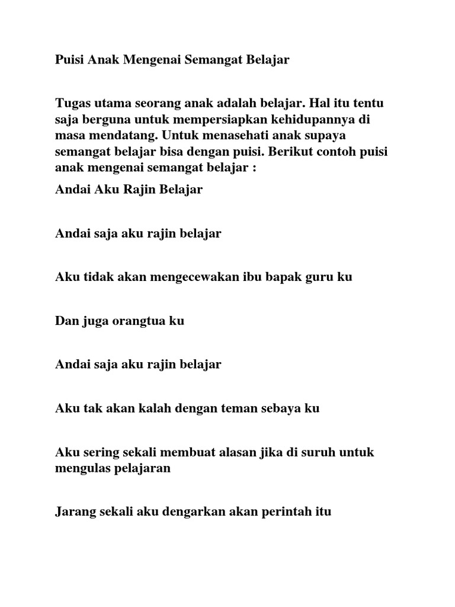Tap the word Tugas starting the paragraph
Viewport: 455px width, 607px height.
72,103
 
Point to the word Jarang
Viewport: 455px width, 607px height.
74,511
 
